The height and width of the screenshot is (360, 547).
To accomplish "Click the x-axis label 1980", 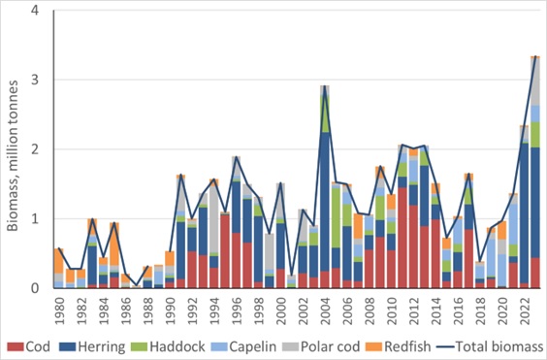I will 59,308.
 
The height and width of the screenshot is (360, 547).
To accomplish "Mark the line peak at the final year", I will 535,57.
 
